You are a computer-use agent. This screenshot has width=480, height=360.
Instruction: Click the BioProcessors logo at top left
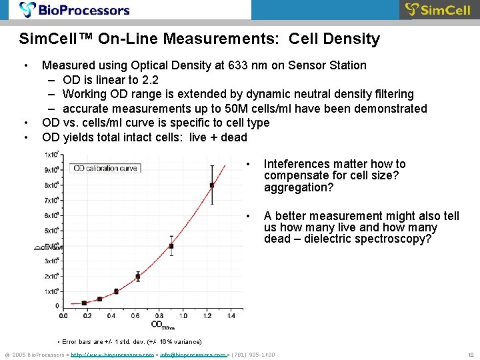(75, 10)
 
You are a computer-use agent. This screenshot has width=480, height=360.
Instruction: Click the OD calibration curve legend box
(105, 168)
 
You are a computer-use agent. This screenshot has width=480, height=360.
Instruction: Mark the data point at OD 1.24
(212, 185)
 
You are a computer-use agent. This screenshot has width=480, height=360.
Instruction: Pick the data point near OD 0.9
(171, 246)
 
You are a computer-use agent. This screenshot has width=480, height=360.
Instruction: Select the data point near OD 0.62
(138, 276)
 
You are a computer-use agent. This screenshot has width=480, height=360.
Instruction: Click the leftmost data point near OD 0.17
(85, 303)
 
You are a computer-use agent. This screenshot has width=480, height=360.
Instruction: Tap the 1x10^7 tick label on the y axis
(52, 155)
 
